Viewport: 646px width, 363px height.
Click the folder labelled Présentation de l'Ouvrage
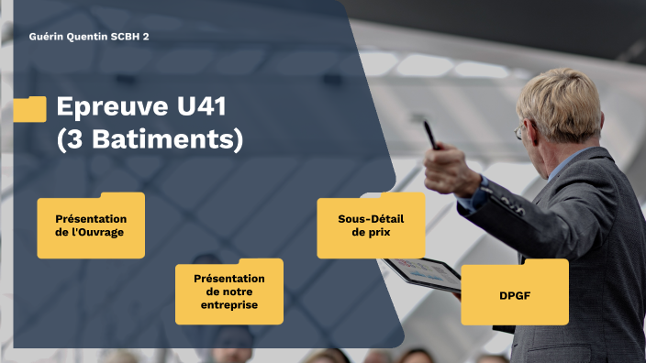[x=91, y=225]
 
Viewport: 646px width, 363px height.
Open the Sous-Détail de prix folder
[x=371, y=225]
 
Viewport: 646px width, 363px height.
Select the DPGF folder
[x=514, y=292]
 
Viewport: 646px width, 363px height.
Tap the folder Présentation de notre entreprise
[x=229, y=291]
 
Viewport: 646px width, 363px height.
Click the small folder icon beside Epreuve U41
[x=30, y=109]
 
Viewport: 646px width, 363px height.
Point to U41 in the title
[x=201, y=107]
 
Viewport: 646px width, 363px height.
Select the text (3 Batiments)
[x=150, y=140]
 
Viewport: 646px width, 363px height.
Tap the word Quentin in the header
[x=92, y=37]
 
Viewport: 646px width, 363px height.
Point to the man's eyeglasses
[x=521, y=132]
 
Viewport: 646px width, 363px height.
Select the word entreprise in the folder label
[x=229, y=304]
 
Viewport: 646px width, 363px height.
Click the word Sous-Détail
[x=371, y=218]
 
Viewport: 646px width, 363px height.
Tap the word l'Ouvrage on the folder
[x=91, y=233]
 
